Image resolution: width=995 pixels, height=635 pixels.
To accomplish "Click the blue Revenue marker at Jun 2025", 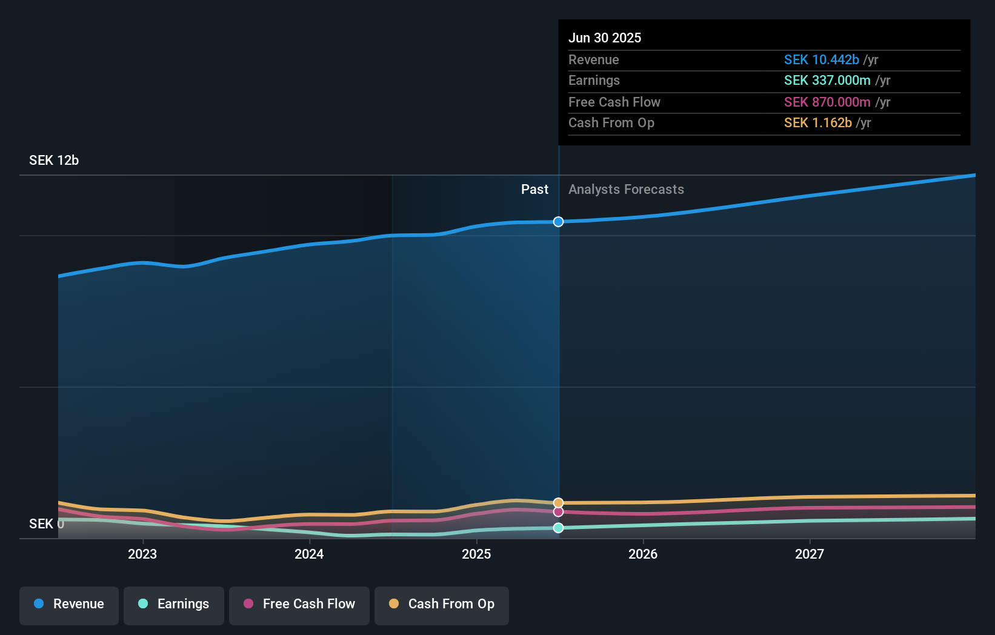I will pyautogui.click(x=558, y=222).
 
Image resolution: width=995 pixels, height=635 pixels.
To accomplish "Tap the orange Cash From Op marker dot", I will pyautogui.click(x=558, y=503).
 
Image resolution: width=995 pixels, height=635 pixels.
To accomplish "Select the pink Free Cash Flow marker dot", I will pyautogui.click(x=558, y=512).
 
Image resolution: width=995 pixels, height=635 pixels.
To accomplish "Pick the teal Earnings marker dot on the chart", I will pyautogui.click(x=558, y=528).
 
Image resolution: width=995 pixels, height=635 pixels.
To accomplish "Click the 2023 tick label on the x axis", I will pyautogui.click(x=142, y=554).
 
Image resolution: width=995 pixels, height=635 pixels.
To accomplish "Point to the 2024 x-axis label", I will pyautogui.click(x=309, y=554).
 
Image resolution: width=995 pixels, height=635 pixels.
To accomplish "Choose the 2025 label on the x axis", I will pyautogui.click(x=476, y=554).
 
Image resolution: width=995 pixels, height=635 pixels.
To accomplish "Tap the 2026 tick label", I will pyautogui.click(x=643, y=554).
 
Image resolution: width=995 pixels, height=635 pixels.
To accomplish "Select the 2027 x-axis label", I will pyautogui.click(x=810, y=554).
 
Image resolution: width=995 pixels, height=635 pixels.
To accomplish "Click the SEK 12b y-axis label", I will pyautogui.click(x=54, y=161).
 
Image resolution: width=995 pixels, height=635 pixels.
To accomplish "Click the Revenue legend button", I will pyautogui.click(x=69, y=604).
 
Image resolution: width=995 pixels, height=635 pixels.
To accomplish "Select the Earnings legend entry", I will pyautogui.click(x=174, y=604).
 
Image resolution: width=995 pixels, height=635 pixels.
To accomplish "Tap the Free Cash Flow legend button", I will pyautogui.click(x=299, y=604).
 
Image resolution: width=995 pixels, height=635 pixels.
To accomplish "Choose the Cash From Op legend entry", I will pyautogui.click(x=442, y=604).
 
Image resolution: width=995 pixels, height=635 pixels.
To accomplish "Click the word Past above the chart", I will pyautogui.click(x=534, y=190).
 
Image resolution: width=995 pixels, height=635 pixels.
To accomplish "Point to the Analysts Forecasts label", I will pyautogui.click(x=626, y=190).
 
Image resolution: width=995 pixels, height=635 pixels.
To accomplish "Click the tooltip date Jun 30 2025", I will pyautogui.click(x=605, y=38).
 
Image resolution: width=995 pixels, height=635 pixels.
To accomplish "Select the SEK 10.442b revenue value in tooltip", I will pyautogui.click(x=821, y=60).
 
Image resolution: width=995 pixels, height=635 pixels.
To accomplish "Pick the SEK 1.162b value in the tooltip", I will pyautogui.click(x=817, y=123).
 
